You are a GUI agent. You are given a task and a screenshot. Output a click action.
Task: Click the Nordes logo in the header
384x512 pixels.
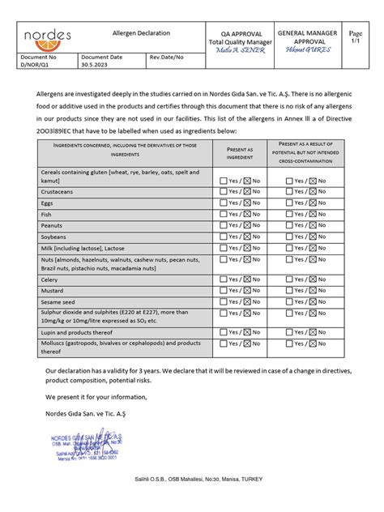coord(47,36)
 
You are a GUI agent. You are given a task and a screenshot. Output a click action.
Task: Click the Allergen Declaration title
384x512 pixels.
coord(141,33)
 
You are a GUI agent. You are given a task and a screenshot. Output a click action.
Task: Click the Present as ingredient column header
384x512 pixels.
coord(240,153)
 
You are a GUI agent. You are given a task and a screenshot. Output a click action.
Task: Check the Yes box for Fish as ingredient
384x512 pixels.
coord(224,214)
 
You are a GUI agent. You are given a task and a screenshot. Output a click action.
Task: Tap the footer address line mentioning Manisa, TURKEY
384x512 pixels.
coord(198,480)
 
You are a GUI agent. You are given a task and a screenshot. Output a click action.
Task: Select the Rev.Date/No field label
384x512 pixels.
coord(167,58)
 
